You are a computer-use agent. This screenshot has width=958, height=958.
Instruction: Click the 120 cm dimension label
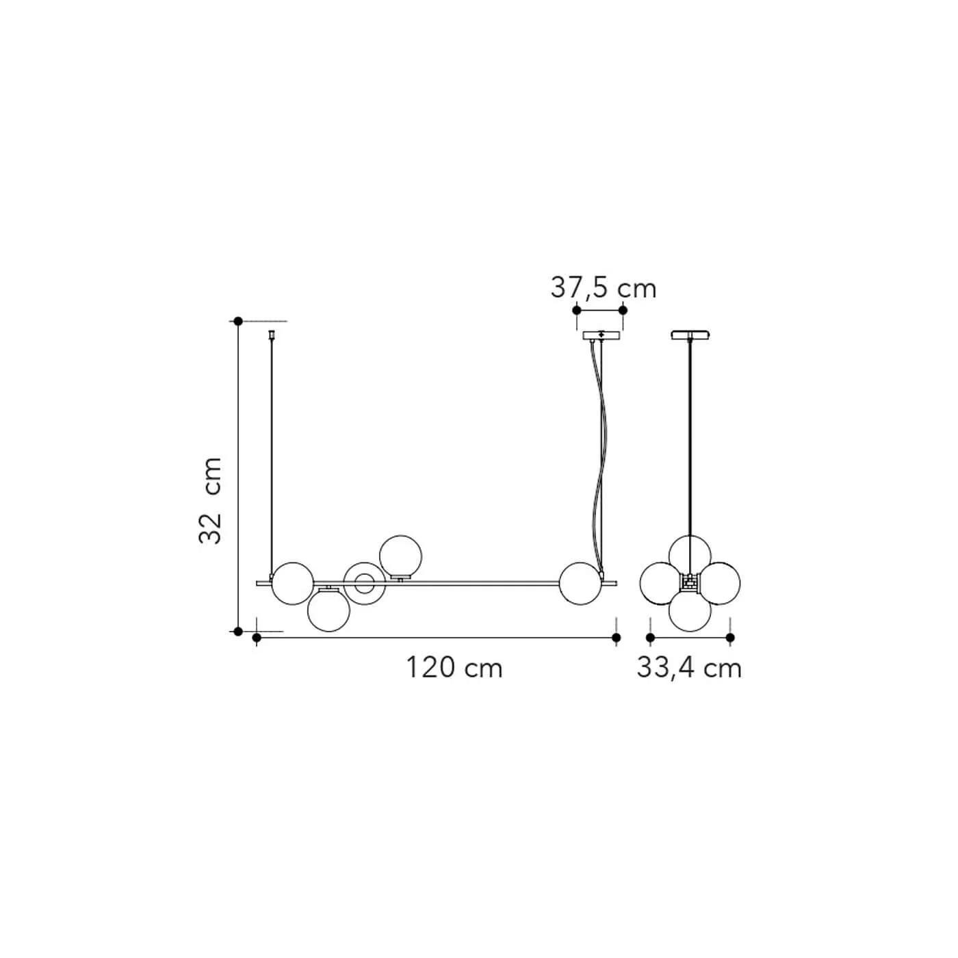click(x=454, y=668)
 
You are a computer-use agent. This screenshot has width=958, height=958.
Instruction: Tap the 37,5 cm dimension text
click(x=603, y=288)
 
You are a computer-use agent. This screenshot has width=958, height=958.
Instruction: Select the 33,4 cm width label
click(x=689, y=668)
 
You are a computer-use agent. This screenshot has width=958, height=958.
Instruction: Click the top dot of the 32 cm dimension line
click(x=238, y=321)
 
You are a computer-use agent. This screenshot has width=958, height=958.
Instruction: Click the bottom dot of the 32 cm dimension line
click(x=238, y=632)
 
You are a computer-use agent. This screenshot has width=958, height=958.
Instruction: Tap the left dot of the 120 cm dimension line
click(x=257, y=637)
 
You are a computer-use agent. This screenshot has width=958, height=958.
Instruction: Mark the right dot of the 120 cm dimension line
click(x=617, y=637)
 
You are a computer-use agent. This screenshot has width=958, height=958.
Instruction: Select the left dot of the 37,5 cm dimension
click(x=577, y=310)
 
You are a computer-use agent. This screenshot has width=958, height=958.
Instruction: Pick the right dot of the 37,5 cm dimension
click(x=623, y=310)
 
